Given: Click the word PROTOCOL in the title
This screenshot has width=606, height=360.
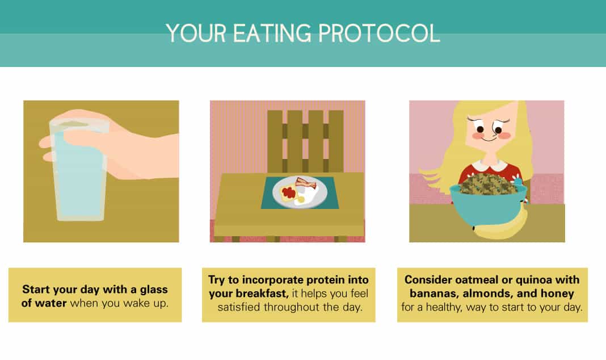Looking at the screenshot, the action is pos(379,33).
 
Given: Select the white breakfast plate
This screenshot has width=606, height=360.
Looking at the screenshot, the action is pos(300,192).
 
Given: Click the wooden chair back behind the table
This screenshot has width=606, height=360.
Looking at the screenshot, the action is pos(305,141).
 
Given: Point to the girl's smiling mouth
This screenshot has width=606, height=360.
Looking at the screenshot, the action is pos(489,139).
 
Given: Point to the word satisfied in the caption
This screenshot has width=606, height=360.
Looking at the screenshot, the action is pos(239,307).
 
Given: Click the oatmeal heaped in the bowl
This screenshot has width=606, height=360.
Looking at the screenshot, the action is pos(489,183).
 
